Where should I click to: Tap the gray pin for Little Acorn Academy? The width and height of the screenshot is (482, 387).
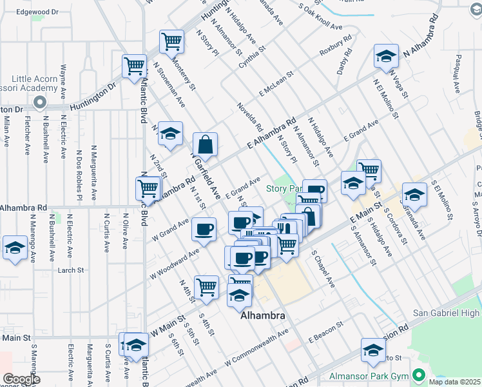pos(39,102)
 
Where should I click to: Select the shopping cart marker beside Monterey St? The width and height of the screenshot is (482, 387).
pos(172,42)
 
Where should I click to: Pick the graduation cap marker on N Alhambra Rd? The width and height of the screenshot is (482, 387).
pos(386,57)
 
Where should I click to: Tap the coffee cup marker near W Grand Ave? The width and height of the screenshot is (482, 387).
pos(204,230)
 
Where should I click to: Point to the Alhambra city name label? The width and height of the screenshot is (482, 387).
pos(262,317)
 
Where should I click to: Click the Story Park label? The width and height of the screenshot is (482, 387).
pos(284,188)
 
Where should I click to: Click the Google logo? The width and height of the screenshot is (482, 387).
pos(21,379)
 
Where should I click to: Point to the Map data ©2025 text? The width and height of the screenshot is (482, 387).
pos(454,382)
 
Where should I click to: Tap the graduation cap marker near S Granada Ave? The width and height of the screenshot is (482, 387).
pos(414,195)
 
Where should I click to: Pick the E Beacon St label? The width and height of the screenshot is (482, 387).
pos(331,334)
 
